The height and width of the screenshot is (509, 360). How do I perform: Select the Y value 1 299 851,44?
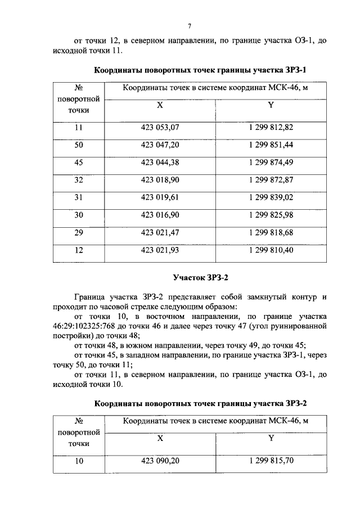[x=271, y=145]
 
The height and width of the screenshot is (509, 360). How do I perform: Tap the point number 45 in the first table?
[x=79, y=163]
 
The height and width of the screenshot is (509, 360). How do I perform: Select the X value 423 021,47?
[x=160, y=232]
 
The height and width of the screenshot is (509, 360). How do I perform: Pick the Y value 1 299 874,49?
[x=271, y=163]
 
